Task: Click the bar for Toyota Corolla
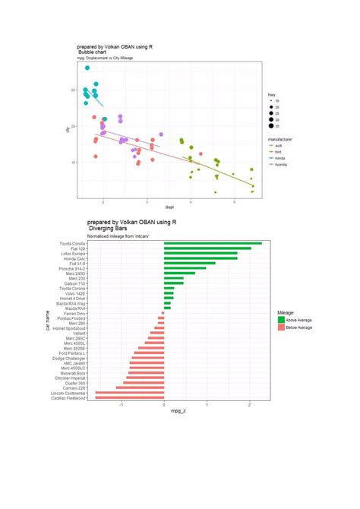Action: [212, 243]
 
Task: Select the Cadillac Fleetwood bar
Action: [129, 398]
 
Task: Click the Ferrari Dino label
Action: [73, 313]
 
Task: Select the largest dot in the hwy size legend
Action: [271, 128]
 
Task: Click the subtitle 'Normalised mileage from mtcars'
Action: [118, 236]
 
